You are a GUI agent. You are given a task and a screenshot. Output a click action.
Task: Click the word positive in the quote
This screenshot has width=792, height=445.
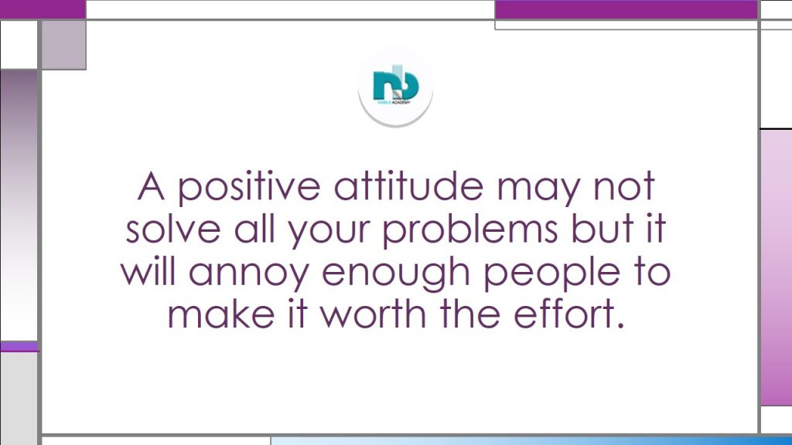pyautogui.click(x=249, y=188)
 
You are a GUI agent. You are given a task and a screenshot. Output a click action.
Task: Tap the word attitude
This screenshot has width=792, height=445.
pyautogui.click(x=408, y=185)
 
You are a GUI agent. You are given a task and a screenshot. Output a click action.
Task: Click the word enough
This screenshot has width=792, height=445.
pyautogui.click(x=396, y=273)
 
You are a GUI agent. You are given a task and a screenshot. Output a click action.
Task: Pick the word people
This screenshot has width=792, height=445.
pyautogui.click(x=551, y=273)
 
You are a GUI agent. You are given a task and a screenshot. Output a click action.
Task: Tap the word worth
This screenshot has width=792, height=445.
pyautogui.click(x=374, y=314)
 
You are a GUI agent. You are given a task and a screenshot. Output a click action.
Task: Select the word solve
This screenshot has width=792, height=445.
pyautogui.click(x=173, y=229)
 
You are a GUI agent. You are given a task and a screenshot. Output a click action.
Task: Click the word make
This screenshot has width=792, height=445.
pyautogui.click(x=220, y=314)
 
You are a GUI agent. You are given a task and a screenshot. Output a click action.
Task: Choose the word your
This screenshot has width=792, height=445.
pyautogui.click(x=329, y=234)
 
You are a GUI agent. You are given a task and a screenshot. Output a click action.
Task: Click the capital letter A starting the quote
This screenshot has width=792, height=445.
pyautogui.click(x=151, y=186)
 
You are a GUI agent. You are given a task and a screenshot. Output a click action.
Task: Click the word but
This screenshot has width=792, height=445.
pyautogui.click(x=602, y=229)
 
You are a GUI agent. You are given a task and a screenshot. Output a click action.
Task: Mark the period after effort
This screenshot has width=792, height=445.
pyautogui.click(x=621, y=325)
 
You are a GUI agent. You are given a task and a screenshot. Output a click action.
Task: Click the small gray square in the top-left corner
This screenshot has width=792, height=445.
pyautogui.click(x=63, y=45)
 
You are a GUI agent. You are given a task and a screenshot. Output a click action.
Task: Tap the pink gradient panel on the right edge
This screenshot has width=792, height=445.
pyautogui.click(x=777, y=267)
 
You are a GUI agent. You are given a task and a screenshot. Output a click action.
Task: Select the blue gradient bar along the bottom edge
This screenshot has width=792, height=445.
pyautogui.click(x=531, y=440)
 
